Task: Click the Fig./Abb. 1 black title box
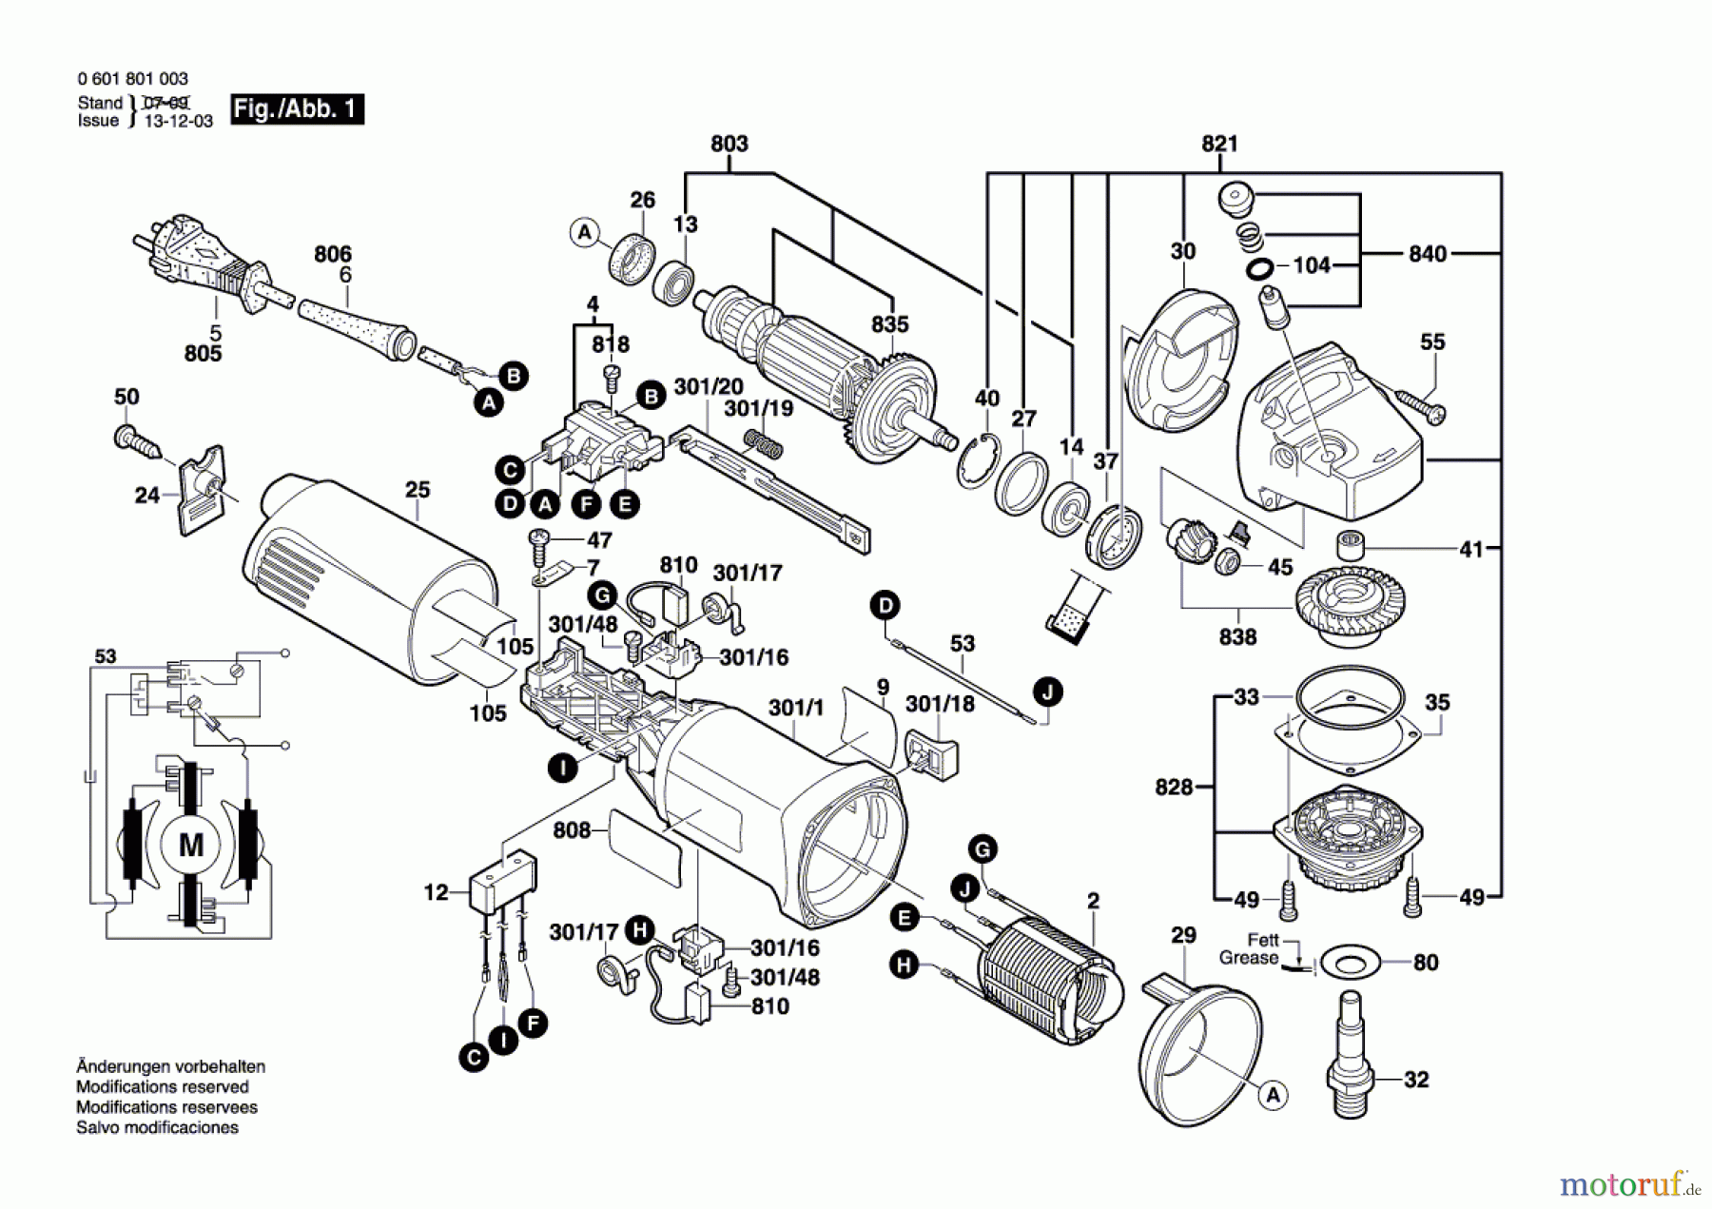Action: point(297,109)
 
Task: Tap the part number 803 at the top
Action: point(730,144)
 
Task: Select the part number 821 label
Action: point(1219,144)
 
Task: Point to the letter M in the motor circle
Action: point(191,845)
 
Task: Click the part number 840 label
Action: point(1427,254)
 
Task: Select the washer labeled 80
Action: point(1351,963)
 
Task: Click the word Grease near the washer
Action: point(1249,958)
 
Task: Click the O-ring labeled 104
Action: point(1260,269)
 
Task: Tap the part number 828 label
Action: point(1174,788)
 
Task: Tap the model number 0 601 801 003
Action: point(133,79)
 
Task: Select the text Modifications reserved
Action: point(162,1087)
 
